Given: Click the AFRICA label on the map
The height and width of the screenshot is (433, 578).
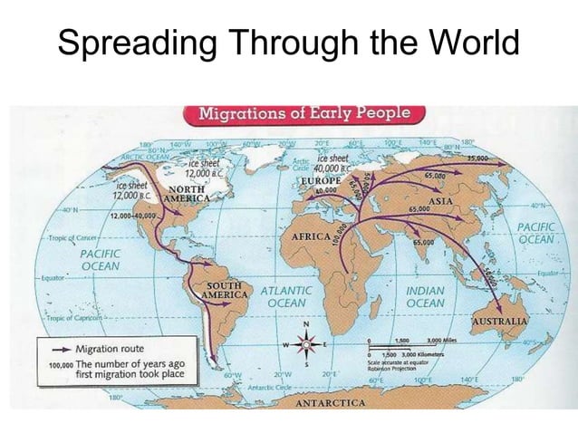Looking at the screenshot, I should coord(309,236).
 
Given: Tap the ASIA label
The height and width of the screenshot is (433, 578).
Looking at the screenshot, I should coord(439,200).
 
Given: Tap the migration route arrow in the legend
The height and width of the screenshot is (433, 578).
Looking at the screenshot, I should coord(58,349).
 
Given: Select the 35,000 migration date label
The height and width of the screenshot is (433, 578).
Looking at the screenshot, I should coord(478,158).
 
